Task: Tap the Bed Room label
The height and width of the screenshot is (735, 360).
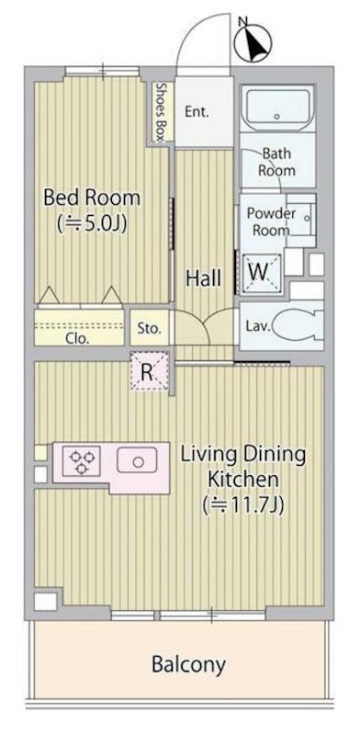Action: [92, 198]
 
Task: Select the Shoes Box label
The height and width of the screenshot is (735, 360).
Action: [161, 112]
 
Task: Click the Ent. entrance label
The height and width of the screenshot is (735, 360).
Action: [197, 112]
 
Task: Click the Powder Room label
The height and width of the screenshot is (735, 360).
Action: [271, 221]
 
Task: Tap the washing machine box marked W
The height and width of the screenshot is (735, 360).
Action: [262, 273]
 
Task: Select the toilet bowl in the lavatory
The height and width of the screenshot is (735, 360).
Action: [298, 326]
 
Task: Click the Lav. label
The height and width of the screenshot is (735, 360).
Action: [258, 325]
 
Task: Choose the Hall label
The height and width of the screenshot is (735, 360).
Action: [204, 278]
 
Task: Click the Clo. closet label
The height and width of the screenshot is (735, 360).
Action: [77, 339]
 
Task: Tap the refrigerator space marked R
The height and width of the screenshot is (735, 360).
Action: [149, 371]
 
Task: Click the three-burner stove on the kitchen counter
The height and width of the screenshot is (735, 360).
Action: [81, 461]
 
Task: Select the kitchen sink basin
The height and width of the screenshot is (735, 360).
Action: [137, 460]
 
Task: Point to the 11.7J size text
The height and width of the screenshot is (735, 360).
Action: [243, 505]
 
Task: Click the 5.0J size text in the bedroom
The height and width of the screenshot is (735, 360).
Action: [92, 224]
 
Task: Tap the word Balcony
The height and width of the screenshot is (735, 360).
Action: [188, 664]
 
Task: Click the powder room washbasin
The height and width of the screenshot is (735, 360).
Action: [307, 219]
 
